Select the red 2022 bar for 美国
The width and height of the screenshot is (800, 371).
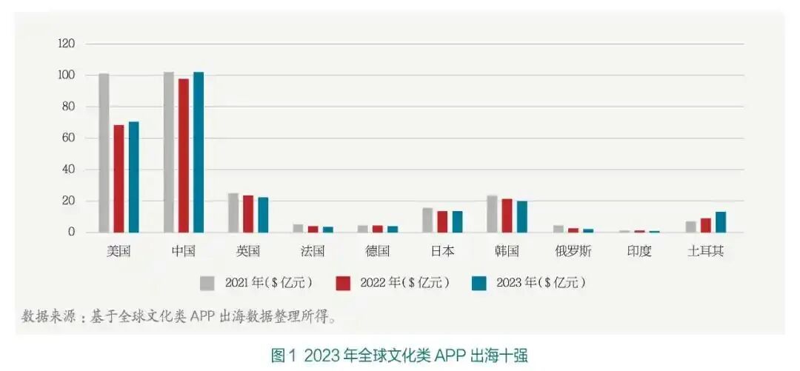[x=119, y=178]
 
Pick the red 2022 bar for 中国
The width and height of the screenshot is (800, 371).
[x=184, y=155]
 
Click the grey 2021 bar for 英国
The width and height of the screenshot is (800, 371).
[x=233, y=213]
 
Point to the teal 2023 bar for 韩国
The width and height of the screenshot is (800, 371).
[x=522, y=216]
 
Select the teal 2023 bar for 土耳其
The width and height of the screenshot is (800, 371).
[x=720, y=221]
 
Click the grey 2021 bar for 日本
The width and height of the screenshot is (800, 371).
[x=428, y=220]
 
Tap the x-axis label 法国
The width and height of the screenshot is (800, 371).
[x=313, y=251]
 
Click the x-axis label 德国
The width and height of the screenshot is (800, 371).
[x=378, y=251]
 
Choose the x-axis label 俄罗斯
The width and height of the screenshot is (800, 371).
[x=573, y=251]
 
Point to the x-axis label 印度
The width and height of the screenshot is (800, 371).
[x=639, y=251]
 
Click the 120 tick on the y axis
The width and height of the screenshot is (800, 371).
[x=66, y=44]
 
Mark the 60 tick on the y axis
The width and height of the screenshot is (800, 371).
[x=68, y=138]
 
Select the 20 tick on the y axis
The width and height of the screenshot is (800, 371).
[x=68, y=201]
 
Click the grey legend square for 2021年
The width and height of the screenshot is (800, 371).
[x=207, y=283]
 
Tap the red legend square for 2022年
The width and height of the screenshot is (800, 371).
[x=343, y=283]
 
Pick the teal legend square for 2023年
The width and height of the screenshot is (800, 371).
[x=479, y=283]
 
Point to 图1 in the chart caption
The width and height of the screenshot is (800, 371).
[x=284, y=355]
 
